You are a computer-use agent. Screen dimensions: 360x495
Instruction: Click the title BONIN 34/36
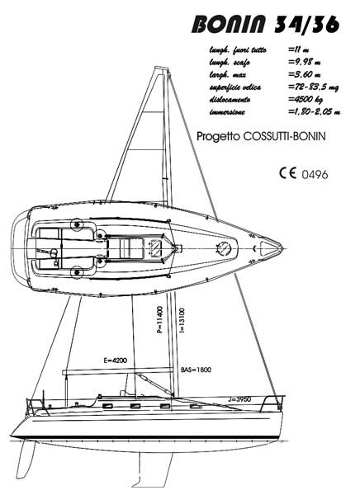[x=265, y=24]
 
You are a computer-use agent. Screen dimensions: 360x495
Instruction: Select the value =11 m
[x=299, y=49]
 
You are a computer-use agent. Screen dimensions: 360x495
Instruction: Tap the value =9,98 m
[x=305, y=62]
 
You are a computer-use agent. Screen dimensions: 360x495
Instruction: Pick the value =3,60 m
[x=305, y=74]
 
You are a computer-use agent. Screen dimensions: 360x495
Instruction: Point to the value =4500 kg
[x=306, y=100]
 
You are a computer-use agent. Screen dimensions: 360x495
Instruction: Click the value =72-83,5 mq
[x=313, y=87]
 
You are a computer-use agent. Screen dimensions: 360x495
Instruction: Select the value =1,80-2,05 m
[x=314, y=111]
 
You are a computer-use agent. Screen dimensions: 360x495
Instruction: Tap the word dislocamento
[x=230, y=100]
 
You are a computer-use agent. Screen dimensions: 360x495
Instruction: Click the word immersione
[x=227, y=112]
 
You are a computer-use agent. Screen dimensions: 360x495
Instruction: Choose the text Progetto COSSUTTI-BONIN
[x=261, y=136]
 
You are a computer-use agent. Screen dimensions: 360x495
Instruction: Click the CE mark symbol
[x=287, y=173]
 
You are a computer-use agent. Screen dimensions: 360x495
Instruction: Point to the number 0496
[x=315, y=175]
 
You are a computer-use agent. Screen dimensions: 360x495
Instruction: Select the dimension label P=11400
[x=160, y=320]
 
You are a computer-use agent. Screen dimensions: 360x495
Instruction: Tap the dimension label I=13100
[x=182, y=321]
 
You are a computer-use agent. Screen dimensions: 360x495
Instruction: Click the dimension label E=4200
[x=115, y=361]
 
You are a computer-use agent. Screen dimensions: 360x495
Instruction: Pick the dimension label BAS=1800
[x=196, y=370]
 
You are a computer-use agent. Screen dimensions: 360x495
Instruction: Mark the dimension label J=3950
[x=239, y=399]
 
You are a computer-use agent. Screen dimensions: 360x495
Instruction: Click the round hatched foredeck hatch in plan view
[x=225, y=247]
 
